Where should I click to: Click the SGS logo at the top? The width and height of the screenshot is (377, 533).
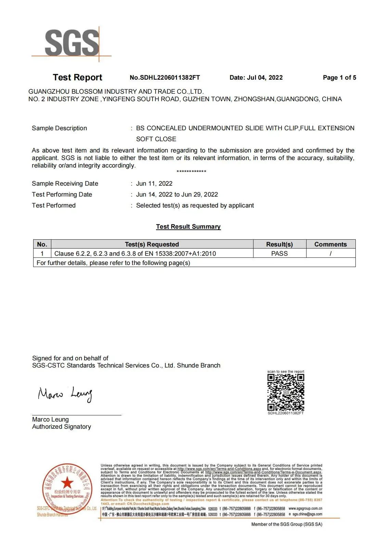tap(72, 43)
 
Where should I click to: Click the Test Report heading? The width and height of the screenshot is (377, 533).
tap(77, 78)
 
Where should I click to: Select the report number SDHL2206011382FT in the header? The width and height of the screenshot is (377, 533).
tap(165, 78)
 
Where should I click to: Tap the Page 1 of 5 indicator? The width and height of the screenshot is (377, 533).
tap(339, 78)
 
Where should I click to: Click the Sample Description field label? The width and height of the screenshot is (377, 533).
tap(59, 128)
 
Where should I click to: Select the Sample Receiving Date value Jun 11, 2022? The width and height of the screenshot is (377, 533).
tap(154, 184)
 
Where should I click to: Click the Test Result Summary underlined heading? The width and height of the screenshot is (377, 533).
tap(188, 227)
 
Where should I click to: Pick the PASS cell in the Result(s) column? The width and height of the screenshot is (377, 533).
tap(279, 254)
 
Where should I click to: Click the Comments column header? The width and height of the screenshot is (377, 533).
tap(330, 244)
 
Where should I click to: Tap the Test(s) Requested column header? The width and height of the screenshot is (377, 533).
tap(152, 244)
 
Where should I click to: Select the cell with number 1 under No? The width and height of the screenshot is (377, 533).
tap(42, 254)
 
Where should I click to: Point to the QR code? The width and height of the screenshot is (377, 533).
tap(286, 392)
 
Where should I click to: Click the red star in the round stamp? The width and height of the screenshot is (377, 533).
tap(67, 482)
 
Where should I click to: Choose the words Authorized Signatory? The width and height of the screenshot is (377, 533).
tap(62, 427)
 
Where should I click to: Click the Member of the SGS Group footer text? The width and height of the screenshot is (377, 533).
tap(287, 524)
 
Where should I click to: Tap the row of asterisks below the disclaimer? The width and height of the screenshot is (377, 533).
tap(191, 172)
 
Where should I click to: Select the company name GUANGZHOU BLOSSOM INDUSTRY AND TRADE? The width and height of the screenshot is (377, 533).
tap(116, 92)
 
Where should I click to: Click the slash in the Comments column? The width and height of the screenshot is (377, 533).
tap(330, 254)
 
